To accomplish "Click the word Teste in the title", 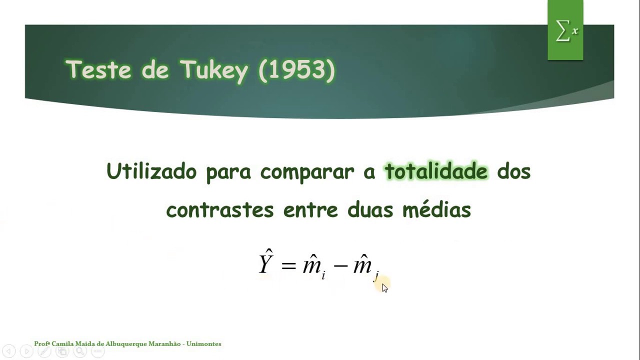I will [98, 70].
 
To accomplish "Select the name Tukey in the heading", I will [214, 70].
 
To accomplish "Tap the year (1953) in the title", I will [296, 70].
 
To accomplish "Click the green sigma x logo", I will [565, 31].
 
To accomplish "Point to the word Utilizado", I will [151, 171].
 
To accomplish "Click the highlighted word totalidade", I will [436, 171].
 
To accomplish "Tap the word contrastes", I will [219, 209].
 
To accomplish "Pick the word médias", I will [436, 209].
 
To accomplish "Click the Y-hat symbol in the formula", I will [265, 262].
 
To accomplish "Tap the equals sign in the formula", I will [288, 265].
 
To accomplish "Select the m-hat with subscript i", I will [313, 265].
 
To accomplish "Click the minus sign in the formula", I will [340, 265].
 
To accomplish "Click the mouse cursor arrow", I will [384, 287].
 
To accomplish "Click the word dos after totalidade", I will [513, 171].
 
